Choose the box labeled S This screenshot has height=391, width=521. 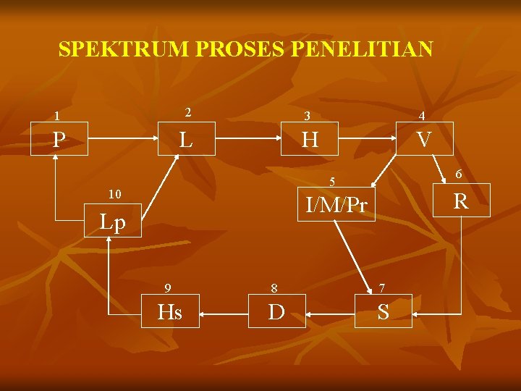tap(383, 311)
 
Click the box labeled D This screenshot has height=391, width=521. tap(276, 311)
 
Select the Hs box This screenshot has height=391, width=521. tap(170, 311)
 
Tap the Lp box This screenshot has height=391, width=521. tap(112, 222)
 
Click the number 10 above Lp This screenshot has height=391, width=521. tap(114, 194)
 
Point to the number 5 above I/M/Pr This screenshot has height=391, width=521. tap(332, 180)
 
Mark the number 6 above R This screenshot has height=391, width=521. tap(459, 174)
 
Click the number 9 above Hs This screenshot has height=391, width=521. tap(168, 287)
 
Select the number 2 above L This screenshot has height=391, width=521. tap(187, 112)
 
